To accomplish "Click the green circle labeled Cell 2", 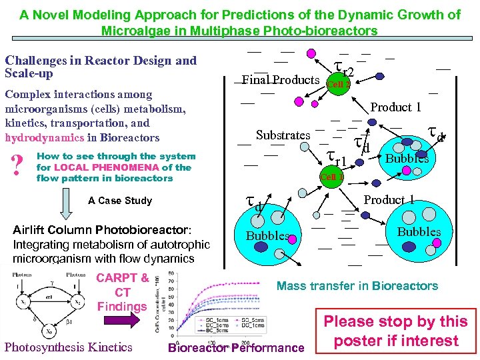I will pyautogui.click(x=337, y=84).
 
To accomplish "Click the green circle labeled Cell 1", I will pyautogui.click(x=331, y=177).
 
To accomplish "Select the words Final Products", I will pyautogui.click(x=280, y=81).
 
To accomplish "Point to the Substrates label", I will pyautogui.click(x=283, y=135).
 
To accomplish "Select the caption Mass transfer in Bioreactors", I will pyautogui.click(x=357, y=286).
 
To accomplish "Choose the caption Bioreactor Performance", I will pyautogui.click(x=236, y=347).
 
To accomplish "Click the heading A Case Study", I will pyautogui.click(x=120, y=201).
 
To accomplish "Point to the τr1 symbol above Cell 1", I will pyautogui.click(x=336, y=157).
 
